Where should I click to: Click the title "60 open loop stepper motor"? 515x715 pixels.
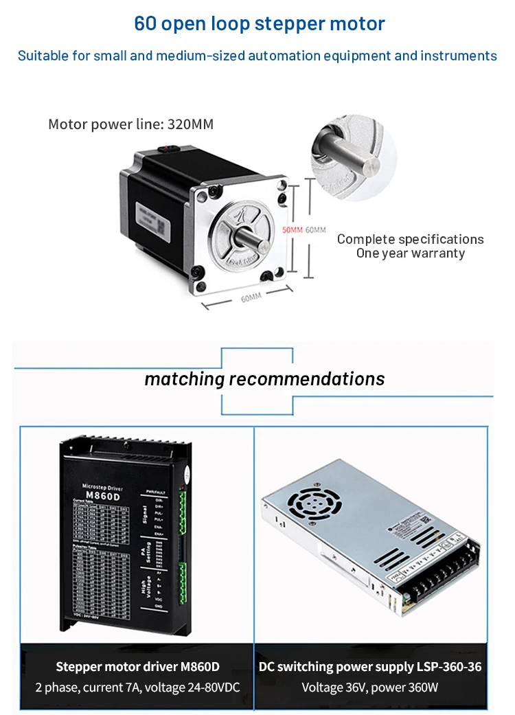(x=260, y=23)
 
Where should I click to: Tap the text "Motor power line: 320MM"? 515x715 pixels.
(x=130, y=124)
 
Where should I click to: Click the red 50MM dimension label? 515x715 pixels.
(x=292, y=230)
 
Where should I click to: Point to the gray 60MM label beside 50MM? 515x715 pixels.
(x=315, y=230)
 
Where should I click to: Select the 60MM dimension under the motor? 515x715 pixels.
(x=251, y=297)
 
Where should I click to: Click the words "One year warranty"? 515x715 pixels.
(x=410, y=253)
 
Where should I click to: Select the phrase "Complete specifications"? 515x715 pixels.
(x=410, y=239)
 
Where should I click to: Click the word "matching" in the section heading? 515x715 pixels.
(x=184, y=378)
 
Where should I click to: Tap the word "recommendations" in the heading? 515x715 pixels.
(x=306, y=378)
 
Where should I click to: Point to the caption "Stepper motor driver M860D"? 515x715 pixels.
(x=137, y=666)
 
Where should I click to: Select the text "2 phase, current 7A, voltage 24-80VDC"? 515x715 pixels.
(x=137, y=688)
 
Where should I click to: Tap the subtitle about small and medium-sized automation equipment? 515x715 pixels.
(x=257, y=56)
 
